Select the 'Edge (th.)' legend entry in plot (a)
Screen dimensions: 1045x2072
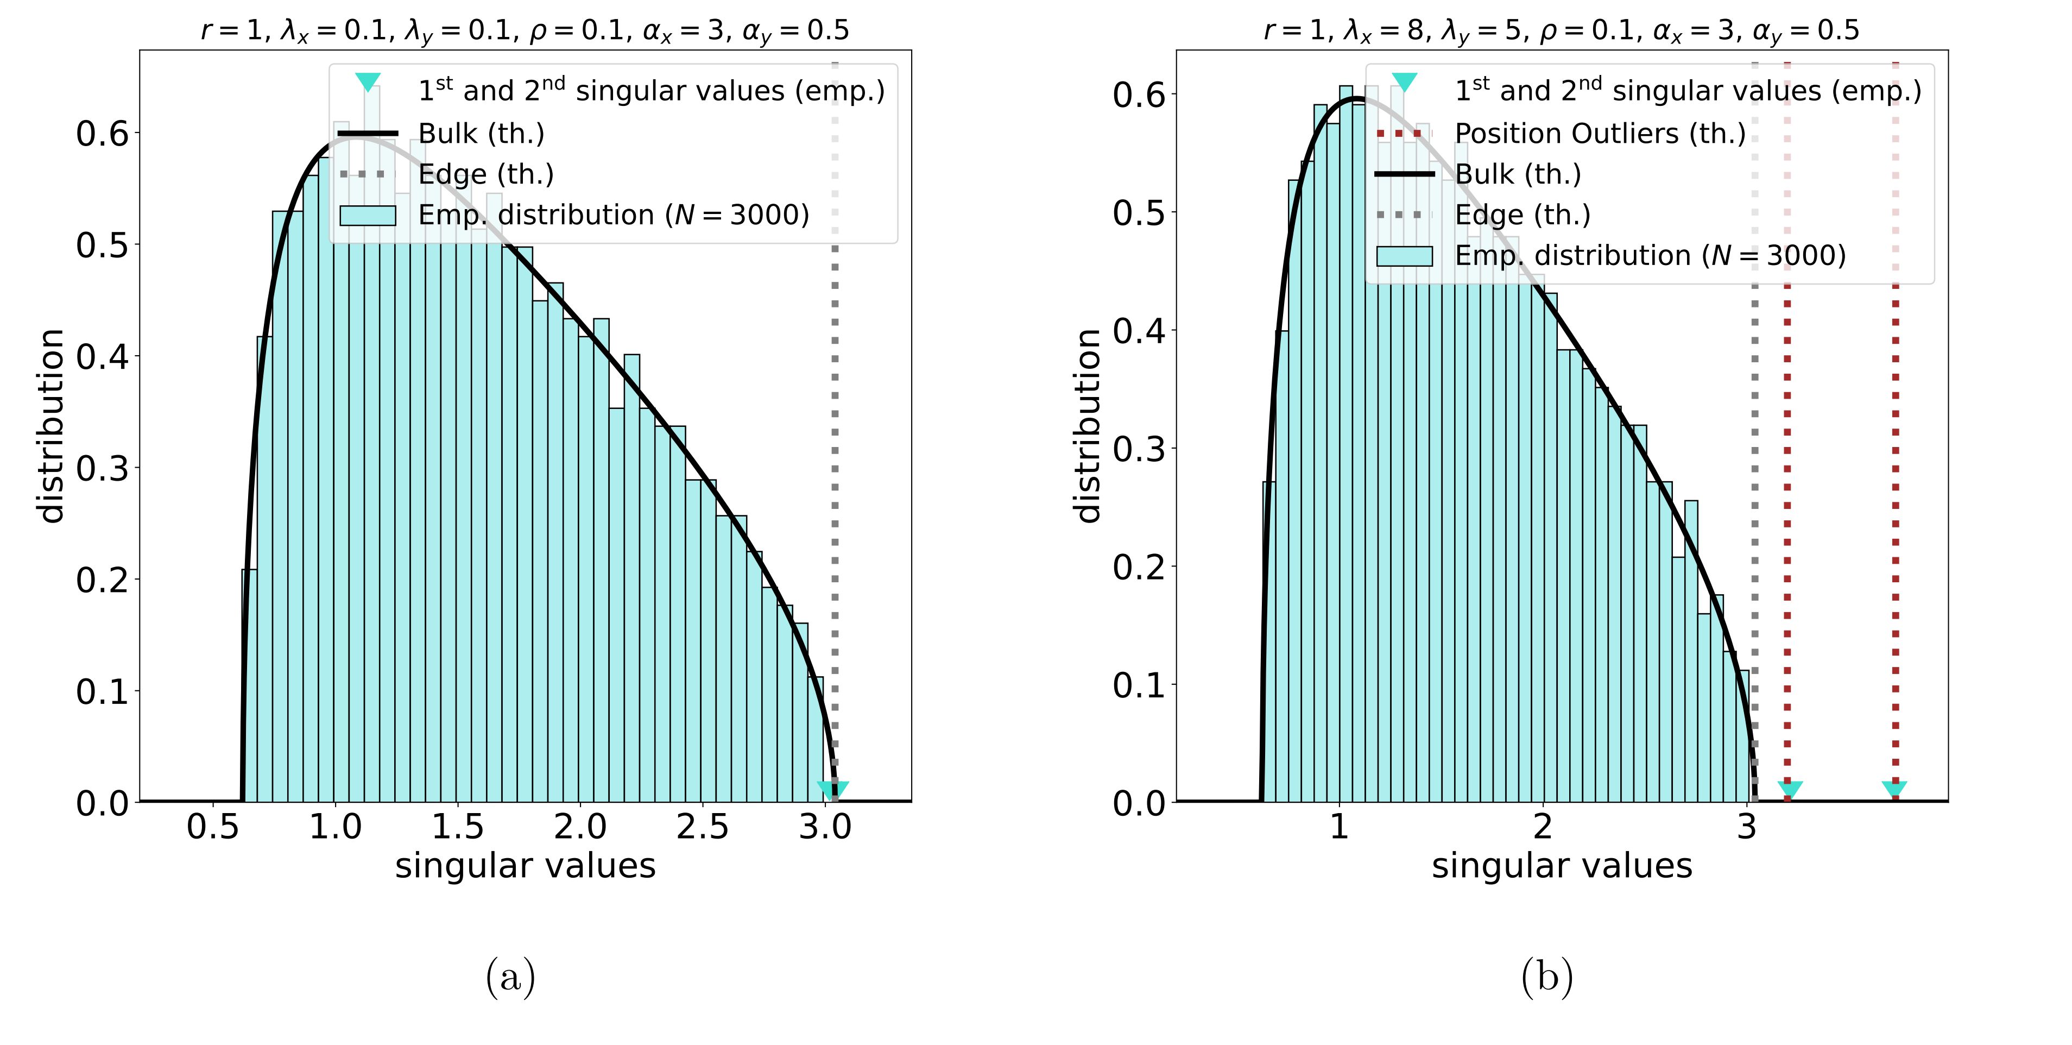click(486, 174)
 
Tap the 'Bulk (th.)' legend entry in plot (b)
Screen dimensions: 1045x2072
click(1517, 174)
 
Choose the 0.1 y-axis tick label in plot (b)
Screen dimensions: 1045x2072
click(1139, 685)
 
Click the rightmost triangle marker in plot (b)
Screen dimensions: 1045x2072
click(1894, 789)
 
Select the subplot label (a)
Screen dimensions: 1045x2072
click(510, 978)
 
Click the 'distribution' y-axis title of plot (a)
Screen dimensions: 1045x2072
click(52, 426)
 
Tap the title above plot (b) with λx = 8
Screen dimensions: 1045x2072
click(1561, 30)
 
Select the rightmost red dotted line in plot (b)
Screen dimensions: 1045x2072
click(1895, 483)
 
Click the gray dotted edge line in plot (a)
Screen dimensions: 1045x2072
click(834, 483)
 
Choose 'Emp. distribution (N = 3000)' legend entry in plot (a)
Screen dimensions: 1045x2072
click(613, 215)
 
